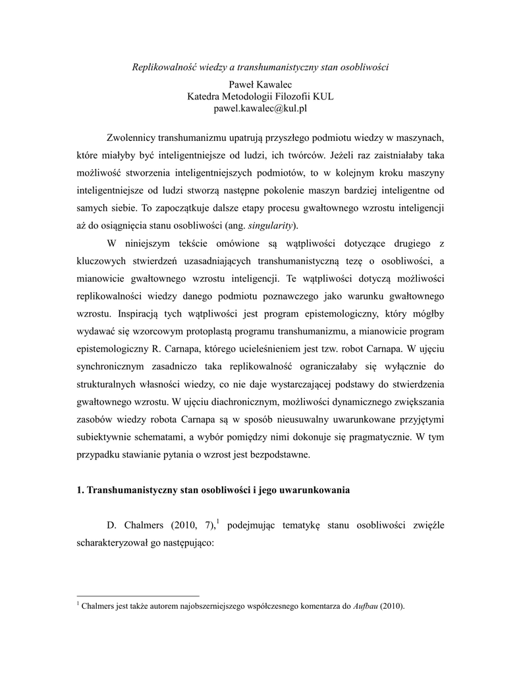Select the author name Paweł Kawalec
(x=260, y=85)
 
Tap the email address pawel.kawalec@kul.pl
(x=260, y=109)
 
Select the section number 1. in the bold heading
(x=81, y=490)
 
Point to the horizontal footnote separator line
(x=138, y=596)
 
